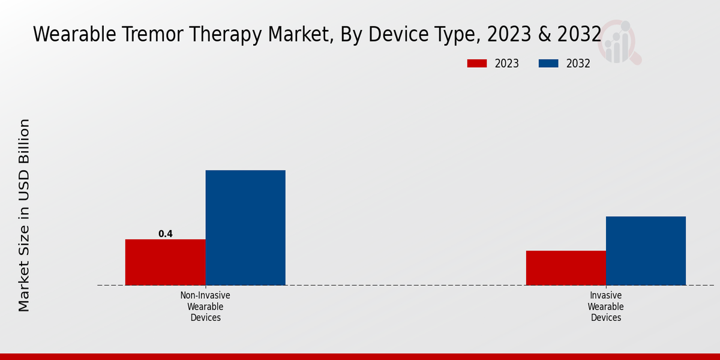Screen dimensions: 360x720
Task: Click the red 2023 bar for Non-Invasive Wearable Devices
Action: [x=165, y=262]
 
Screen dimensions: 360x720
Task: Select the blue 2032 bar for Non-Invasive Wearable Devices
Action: [x=245, y=227]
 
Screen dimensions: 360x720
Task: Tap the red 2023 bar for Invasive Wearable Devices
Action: [x=566, y=268]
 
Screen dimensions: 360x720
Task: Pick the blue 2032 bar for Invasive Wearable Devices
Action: [x=646, y=250]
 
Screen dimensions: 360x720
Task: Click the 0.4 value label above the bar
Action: [x=165, y=234]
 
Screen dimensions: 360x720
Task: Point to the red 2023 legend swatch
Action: [x=478, y=64]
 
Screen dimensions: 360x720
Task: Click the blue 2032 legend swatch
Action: [x=549, y=64]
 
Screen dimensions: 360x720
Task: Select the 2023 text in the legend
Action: [x=507, y=64]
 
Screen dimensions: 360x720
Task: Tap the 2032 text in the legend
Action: [x=578, y=64]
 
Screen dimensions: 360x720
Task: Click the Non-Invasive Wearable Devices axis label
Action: [x=205, y=307]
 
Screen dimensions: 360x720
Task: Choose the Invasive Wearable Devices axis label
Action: [x=605, y=307]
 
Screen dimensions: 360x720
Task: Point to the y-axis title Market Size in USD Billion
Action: [x=24, y=215]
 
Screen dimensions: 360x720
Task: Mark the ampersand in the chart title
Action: [x=544, y=35]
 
